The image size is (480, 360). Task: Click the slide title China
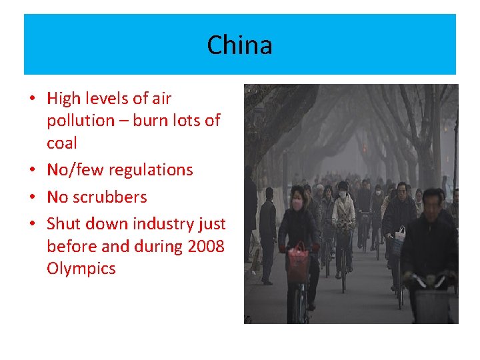tap(239, 45)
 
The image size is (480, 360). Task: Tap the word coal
tap(61, 143)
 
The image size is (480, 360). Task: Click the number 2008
tap(206, 246)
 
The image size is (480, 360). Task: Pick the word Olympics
tap(81, 269)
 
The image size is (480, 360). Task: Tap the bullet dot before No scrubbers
tap(32, 197)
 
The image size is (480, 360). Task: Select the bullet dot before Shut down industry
tap(32, 224)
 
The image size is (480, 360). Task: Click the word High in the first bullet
tap(64, 99)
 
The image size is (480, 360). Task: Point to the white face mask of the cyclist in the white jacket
tap(343, 195)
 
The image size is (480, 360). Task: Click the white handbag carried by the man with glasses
tap(400, 234)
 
